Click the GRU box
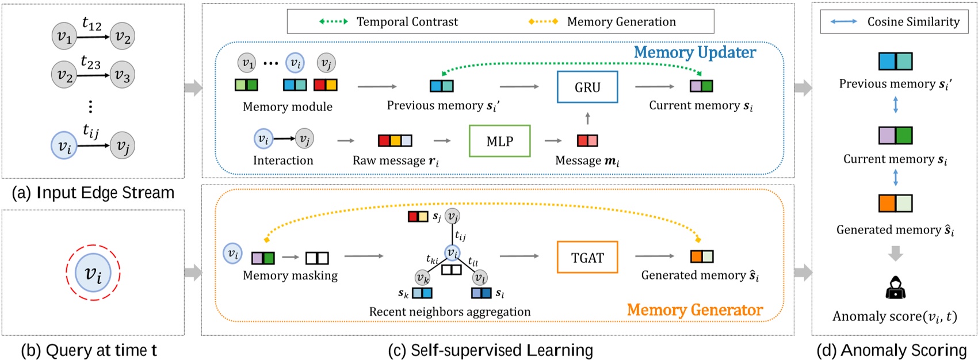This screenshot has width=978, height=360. click(x=587, y=87)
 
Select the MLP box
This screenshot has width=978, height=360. click(x=499, y=141)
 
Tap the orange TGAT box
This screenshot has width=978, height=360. click(x=587, y=257)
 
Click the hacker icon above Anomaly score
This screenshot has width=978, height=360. click(x=895, y=288)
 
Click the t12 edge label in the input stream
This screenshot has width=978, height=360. click(x=92, y=24)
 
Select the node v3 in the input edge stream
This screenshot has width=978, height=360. click(x=122, y=75)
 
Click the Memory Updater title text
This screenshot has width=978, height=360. click(x=694, y=52)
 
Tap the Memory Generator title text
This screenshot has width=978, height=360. click(x=694, y=310)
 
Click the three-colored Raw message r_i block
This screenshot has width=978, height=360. click(x=395, y=140)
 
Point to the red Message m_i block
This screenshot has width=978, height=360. click(x=587, y=140)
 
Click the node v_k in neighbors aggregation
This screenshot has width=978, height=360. click(x=423, y=278)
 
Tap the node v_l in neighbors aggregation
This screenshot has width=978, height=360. click(x=480, y=278)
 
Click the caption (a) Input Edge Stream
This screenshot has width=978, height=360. click(x=93, y=193)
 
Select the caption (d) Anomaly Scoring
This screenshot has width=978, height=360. click(x=892, y=350)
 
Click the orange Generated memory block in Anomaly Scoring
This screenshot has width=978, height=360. click(x=895, y=203)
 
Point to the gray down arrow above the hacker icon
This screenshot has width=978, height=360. click(x=895, y=253)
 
